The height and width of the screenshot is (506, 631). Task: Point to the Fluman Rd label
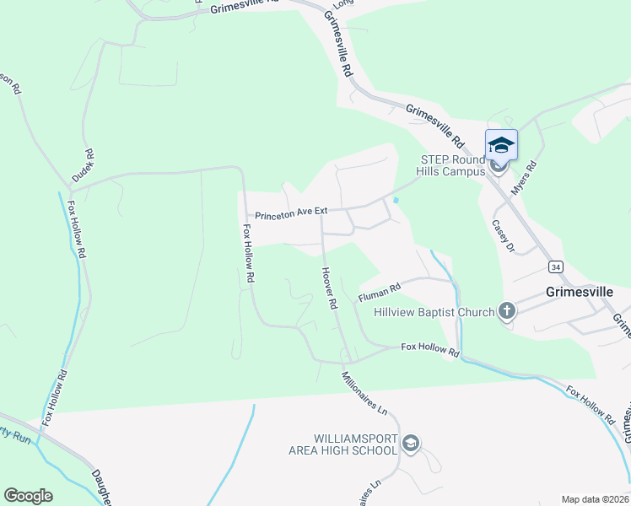coord(379,292)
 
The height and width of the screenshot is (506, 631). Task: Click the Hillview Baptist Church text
coord(434,312)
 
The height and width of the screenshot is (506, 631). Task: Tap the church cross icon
coord(506,312)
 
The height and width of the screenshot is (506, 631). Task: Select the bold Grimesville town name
coord(579,293)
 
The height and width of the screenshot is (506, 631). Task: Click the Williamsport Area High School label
coord(354,444)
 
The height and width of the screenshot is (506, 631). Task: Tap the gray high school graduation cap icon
coord(411,444)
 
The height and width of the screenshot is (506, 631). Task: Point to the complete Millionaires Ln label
coord(364,394)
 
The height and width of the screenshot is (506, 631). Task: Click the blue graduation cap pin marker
coord(501,146)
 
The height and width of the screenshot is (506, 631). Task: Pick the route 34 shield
coord(554,266)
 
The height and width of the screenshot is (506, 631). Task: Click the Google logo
coord(28,496)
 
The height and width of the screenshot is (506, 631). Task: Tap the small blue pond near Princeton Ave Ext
coord(396,200)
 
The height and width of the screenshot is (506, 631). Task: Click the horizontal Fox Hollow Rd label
coord(430,348)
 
